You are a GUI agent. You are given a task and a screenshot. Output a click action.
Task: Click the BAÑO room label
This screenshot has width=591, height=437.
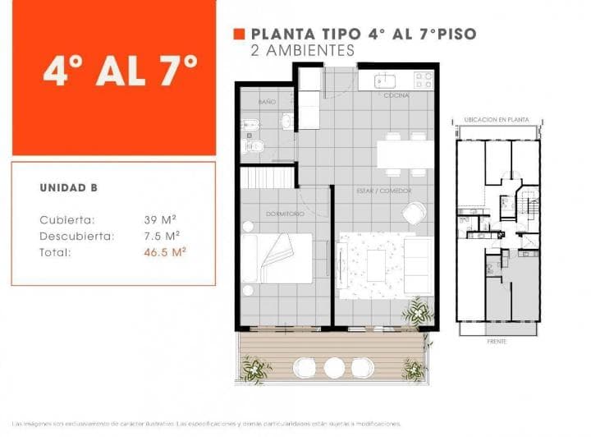pos(267,102)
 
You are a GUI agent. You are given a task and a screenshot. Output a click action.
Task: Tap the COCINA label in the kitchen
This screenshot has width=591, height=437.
pos(392,96)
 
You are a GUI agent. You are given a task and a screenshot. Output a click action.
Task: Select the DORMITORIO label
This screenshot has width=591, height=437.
pos(285,214)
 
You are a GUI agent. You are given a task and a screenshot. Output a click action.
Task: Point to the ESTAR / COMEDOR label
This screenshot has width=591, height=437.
pos(384,191)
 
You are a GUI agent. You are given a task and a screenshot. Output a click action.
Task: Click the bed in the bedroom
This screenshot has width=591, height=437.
pos(277,258)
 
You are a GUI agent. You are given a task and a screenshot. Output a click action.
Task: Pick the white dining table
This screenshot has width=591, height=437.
pos(405,154)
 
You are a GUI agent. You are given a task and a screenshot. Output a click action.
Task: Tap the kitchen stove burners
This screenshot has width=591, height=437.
pos(424,80)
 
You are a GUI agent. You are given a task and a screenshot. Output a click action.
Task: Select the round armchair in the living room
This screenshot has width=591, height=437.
pos(413,212)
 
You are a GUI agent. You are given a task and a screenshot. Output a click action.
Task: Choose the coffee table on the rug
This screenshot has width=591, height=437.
pos(376,264)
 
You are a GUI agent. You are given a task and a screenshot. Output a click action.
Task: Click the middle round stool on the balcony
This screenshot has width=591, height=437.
pos(334,367)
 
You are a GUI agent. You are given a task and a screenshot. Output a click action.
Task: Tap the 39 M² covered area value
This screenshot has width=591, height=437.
pos(161,219)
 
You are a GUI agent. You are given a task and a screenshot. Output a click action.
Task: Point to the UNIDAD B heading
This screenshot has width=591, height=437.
pos(69,188)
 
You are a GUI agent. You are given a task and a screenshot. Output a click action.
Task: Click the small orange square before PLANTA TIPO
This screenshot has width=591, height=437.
pos(240,34)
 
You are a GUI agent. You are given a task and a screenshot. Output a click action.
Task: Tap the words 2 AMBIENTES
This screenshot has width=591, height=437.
pos(303,50)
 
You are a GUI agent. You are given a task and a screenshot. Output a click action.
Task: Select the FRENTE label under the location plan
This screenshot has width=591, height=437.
pos(497,341)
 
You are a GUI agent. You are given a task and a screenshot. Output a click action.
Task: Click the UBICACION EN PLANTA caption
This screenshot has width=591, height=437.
pos(497,120)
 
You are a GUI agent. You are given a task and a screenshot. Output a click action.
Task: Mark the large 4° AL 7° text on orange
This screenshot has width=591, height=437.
pos(121,71)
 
